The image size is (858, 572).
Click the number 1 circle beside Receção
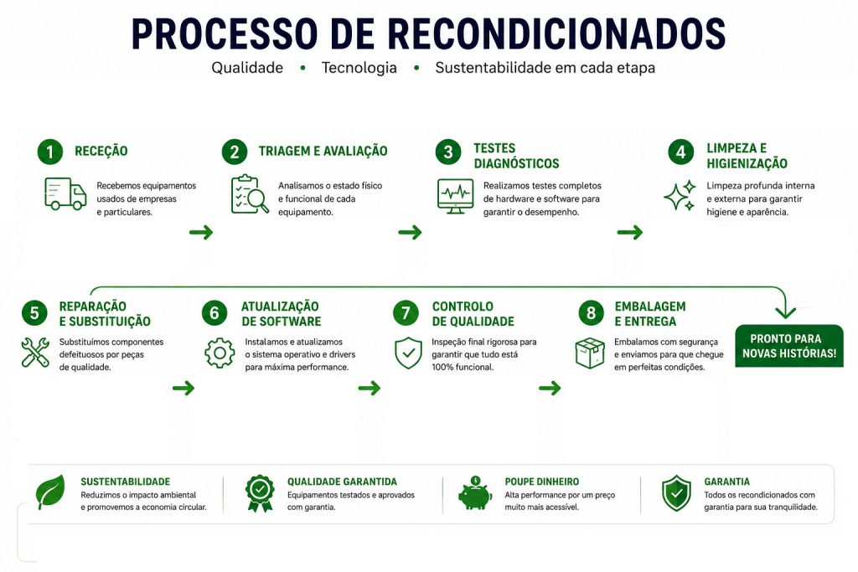click(x=50, y=152)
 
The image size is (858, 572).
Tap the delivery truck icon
click(x=65, y=194)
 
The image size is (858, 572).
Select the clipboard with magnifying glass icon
click(x=250, y=194)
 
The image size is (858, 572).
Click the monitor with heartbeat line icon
click(x=455, y=196)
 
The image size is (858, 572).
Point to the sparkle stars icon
click(x=680, y=195)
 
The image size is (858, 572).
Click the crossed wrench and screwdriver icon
click(x=35, y=353)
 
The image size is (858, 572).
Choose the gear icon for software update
click(x=220, y=353)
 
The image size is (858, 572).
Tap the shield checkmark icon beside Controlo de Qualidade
click(x=408, y=353)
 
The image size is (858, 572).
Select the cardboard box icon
click(x=590, y=353)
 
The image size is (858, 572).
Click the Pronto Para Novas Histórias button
click(x=789, y=346)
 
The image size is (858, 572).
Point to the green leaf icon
click(x=50, y=492)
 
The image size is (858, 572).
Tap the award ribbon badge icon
click(x=260, y=492)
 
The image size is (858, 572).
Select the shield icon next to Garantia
click(x=676, y=492)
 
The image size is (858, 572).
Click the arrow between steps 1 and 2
click(x=201, y=233)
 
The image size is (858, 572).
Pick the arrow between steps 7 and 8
click(x=550, y=389)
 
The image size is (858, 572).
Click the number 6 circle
click(x=214, y=312)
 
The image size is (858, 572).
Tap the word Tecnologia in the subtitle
click(x=359, y=68)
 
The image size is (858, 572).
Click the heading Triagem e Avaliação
click(x=323, y=151)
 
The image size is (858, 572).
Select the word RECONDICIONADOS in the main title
click(x=557, y=33)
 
